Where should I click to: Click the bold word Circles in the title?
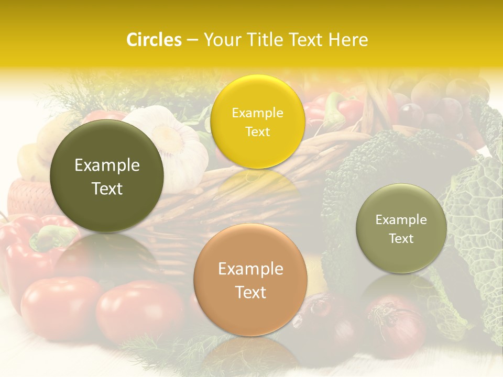(154, 40)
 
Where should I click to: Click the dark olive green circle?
(107, 176)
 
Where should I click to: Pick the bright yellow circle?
(257, 121)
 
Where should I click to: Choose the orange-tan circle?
(250, 280)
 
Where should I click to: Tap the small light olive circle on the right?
(401, 228)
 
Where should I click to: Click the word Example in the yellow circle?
(257, 113)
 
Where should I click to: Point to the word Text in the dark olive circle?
(107, 188)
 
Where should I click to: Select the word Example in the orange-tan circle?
(250, 269)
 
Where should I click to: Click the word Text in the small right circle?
(401, 239)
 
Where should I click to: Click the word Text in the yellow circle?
(257, 131)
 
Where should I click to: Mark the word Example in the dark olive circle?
(107, 165)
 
